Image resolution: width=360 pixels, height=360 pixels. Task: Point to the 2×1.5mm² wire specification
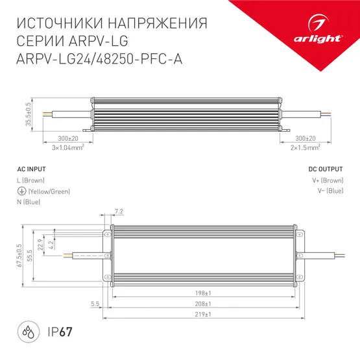(x=305, y=148)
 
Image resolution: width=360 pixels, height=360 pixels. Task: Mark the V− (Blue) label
(x=329, y=191)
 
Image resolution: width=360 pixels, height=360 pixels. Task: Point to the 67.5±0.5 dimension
(x=20, y=255)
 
